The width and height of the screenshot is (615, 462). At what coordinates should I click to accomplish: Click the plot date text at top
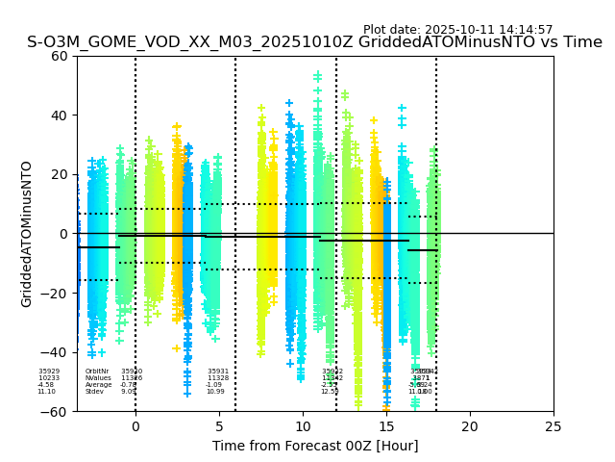457,30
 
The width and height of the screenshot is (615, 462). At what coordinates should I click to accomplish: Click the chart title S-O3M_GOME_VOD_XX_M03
314,42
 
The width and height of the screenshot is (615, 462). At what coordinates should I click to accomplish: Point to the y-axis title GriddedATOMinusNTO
27,234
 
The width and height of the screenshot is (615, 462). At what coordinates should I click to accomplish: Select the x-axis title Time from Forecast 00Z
315,446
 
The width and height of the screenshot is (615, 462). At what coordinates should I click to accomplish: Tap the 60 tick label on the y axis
59,56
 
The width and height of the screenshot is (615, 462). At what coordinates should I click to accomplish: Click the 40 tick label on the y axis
59,115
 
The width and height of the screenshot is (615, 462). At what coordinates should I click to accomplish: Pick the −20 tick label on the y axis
55,294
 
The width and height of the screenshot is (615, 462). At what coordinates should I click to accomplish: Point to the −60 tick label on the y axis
55,412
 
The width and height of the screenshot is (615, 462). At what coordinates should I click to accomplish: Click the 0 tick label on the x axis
135,426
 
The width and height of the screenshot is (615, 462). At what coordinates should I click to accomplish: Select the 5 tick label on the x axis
219,426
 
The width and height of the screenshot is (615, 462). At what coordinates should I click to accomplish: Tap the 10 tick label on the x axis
303,426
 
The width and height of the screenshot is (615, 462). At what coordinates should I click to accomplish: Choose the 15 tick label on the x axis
386,426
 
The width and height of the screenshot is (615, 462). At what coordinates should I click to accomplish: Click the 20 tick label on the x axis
470,426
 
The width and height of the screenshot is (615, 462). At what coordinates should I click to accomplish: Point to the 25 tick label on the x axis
553,426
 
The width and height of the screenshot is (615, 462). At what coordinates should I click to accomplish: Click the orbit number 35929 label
49,372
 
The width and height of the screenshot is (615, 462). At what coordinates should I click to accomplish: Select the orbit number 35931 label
218,372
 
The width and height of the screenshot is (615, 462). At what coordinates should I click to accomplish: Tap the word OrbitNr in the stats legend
97,372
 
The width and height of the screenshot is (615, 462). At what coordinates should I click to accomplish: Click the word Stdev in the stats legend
94,392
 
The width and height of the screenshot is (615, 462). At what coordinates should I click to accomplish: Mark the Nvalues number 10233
49,378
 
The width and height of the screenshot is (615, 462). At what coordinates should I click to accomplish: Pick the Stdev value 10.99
215,392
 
